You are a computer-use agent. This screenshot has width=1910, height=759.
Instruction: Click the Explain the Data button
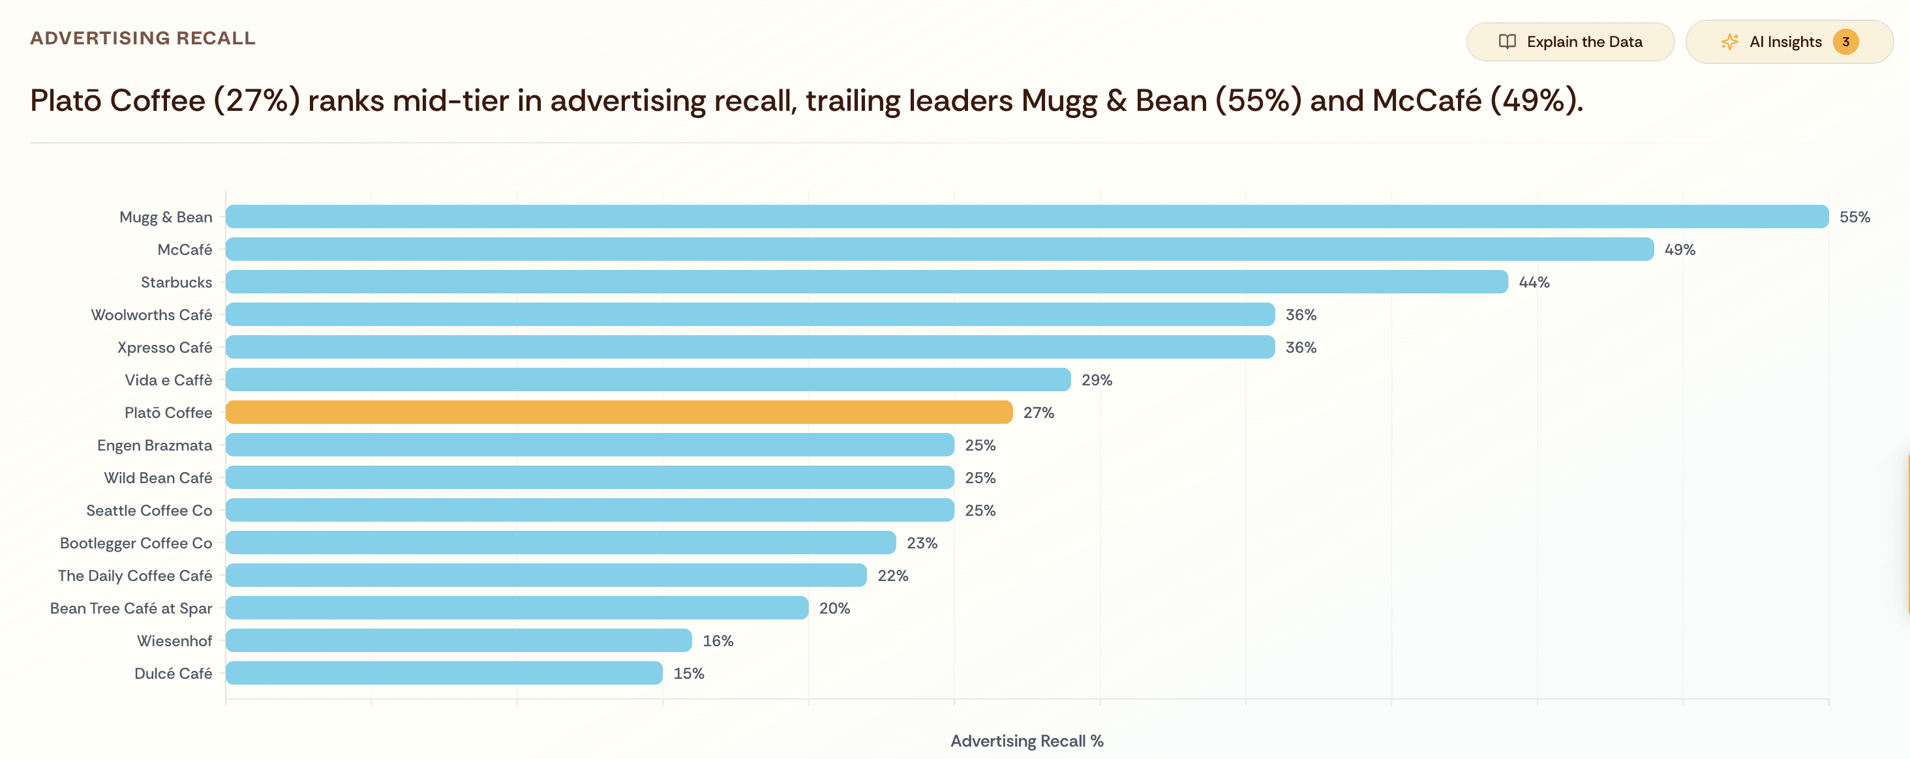coord(1569,42)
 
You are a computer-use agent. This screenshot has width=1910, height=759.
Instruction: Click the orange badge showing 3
coord(1845,42)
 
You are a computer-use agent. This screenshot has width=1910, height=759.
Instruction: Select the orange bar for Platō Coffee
coord(618,412)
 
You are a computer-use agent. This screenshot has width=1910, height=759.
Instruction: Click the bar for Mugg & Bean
coord(1026,216)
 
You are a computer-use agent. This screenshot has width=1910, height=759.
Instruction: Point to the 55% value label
coord(1855,217)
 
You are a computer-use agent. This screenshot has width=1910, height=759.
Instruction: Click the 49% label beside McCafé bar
coord(1680,250)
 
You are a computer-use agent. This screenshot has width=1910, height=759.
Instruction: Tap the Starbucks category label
coord(177,282)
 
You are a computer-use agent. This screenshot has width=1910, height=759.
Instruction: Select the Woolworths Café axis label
coord(151,315)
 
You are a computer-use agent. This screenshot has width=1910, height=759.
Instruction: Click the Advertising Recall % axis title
coord(1026,741)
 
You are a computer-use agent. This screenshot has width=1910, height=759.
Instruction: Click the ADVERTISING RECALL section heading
coord(142,38)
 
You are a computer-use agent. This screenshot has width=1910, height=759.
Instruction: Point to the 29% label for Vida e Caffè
coord(1097,380)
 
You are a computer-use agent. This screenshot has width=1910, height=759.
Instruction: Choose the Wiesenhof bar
coord(458,640)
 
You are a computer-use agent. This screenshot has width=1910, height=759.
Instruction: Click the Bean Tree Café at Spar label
coord(131,608)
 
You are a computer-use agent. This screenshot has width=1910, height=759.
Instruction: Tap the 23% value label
coord(922,543)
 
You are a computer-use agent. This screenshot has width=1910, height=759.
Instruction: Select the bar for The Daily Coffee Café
coord(546,575)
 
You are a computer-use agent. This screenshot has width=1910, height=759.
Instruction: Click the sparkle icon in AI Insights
coord(1729,42)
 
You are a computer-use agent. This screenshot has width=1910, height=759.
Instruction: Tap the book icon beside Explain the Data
coord(1507,42)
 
